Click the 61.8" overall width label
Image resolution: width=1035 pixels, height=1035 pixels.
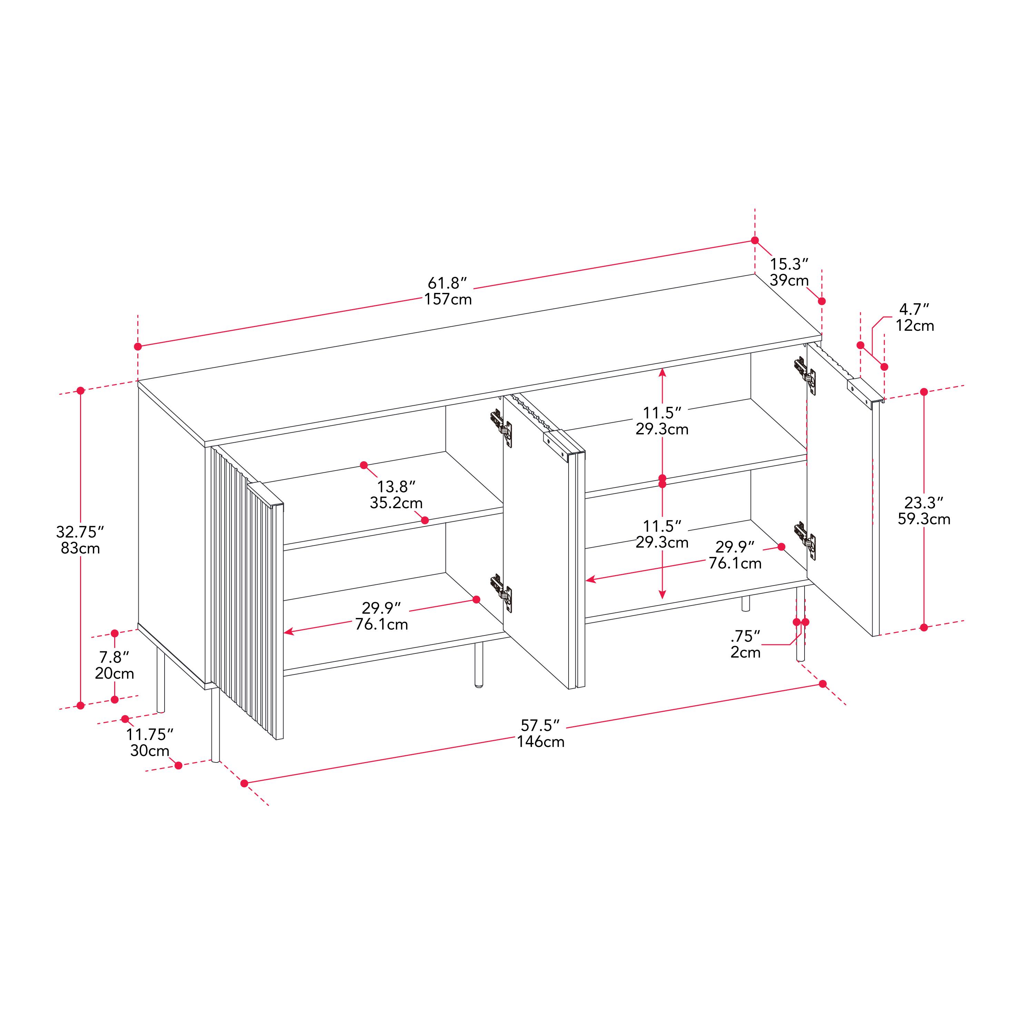(x=447, y=283)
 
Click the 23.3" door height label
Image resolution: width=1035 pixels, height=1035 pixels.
(x=924, y=503)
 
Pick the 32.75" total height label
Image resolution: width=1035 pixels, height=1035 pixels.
(x=80, y=532)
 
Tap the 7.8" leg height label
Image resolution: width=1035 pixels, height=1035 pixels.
(x=114, y=657)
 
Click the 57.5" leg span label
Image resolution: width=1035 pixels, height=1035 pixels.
(x=540, y=725)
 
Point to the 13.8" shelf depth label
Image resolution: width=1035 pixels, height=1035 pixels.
(x=396, y=486)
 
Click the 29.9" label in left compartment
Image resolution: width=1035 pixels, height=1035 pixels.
(x=381, y=608)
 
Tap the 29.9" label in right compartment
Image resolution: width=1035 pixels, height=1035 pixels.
(x=735, y=547)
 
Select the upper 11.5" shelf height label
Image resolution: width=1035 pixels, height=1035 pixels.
(x=662, y=413)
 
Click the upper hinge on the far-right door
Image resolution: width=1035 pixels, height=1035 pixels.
(x=805, y=371)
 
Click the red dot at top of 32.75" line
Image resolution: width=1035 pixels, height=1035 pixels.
(x=80, y=391)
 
